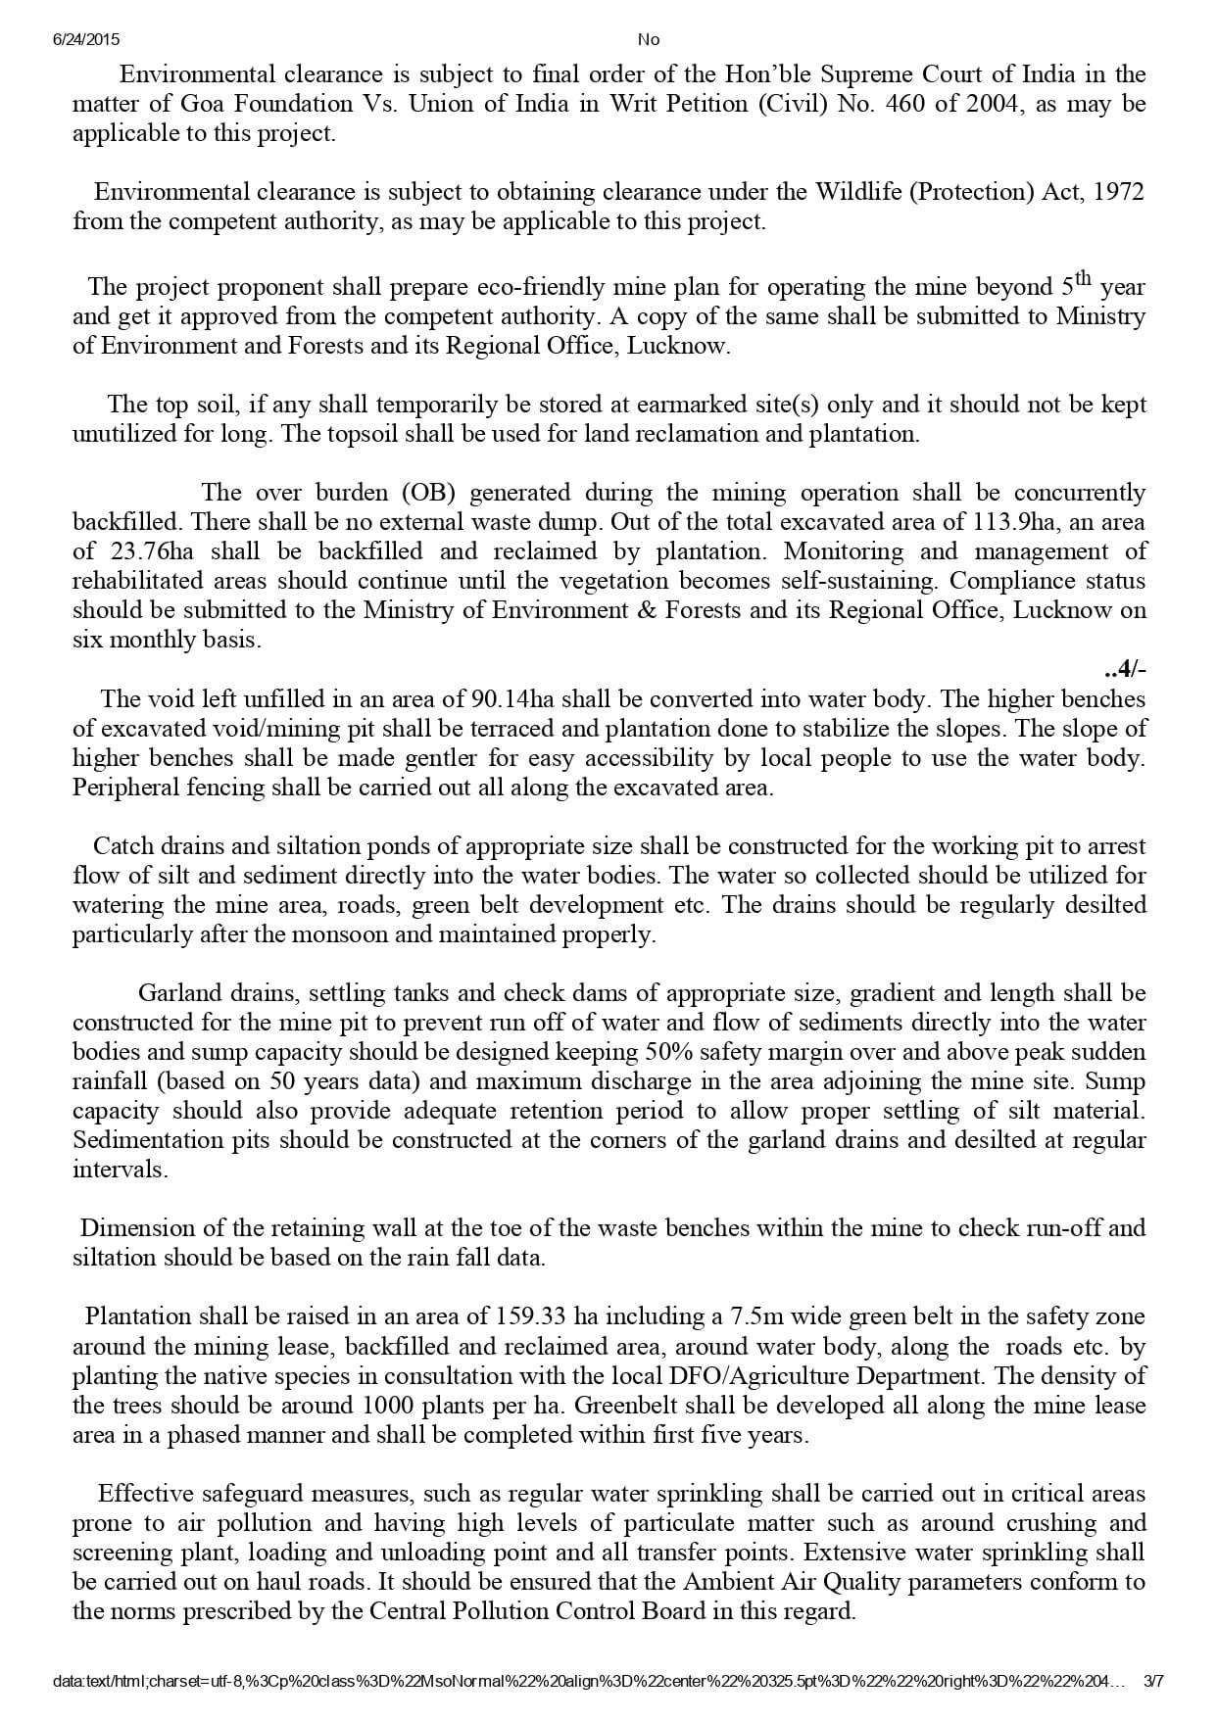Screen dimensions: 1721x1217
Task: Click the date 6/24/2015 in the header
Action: coord(85,40)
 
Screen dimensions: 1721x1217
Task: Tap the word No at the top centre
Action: coord(648,40)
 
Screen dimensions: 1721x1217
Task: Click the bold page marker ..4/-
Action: coord(1124,670)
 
